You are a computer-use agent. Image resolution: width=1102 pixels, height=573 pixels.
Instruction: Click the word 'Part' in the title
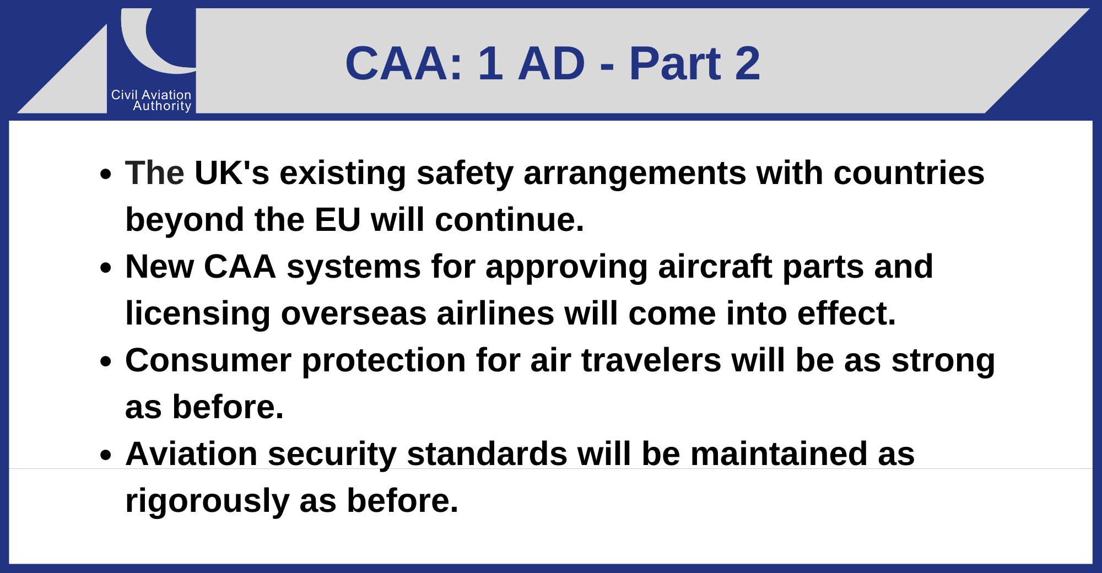(x=675, y=63)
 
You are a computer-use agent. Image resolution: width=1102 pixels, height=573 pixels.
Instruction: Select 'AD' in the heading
(x=552, y=63)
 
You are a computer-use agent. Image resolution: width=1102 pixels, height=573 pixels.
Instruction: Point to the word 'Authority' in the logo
(x=162, y=106)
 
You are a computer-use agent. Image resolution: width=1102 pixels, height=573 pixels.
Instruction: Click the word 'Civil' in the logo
(x=124, y=95)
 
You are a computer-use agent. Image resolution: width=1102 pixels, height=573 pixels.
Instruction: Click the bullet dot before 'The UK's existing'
(x=106, y=175)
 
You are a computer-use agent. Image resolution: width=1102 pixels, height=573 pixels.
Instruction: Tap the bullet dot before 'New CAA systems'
(x=106, y=268)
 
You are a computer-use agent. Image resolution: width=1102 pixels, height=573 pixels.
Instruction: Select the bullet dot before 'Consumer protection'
(x=106, y=362)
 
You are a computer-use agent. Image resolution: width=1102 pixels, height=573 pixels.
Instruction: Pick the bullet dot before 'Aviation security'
(x=106, y=456)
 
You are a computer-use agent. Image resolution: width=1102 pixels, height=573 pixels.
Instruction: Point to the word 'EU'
(x=338, y=220)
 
